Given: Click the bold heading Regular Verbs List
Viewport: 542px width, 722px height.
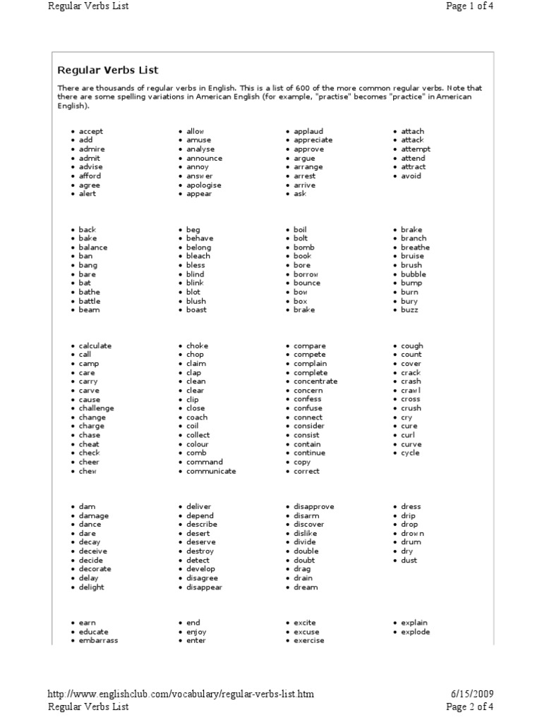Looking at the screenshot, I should pyautogui.click(x=107, y=71).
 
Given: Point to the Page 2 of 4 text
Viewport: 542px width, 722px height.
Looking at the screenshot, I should pyautogui.click(x=469, y=706).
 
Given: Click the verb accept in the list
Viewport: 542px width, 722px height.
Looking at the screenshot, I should pyautogui.click(x=90, y=131).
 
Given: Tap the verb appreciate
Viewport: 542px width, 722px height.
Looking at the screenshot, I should pyautogui.click(x=313, y=140).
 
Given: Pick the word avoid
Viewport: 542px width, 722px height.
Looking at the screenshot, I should pyautogui.click(x=411, y=176).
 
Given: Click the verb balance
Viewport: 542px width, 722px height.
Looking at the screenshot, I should pyautogui.click(x=93, y=247).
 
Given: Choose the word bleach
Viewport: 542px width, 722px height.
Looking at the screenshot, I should pyautogui.click(x=198, y=257).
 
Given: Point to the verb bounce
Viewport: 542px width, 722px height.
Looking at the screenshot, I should pyautogui.click(x=306, y=283).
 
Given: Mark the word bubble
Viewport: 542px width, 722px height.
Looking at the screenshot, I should pyautogui.click(x=414, y=274).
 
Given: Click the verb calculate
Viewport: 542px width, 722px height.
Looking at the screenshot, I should pyautogui.click(x=95, y=346).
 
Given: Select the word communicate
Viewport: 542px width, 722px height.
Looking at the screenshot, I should pyautogui.click(x=211, y=471).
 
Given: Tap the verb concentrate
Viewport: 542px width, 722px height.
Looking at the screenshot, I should pyautogui.click(x=315, y=381).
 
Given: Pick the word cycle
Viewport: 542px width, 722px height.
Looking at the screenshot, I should pyautogui.click(x=410, y=453).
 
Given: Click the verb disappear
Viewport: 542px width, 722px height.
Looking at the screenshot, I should pyautogui.click(x=204, y=587).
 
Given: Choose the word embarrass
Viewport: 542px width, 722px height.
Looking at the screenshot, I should pyautogui.click(x=98, y=641).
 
